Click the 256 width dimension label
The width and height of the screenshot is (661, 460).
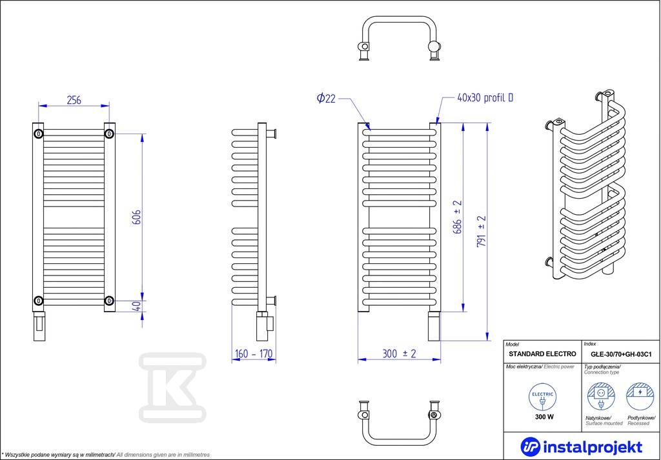point(74,100)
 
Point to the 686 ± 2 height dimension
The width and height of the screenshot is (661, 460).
point(458,217)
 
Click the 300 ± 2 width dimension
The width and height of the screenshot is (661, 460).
point(399,354)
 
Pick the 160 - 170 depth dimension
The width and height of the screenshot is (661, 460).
point(253,354)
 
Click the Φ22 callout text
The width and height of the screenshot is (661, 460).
point(326,99)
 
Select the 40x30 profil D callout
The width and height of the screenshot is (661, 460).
point(485,98)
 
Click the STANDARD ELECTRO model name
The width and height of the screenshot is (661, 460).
point(542,354)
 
